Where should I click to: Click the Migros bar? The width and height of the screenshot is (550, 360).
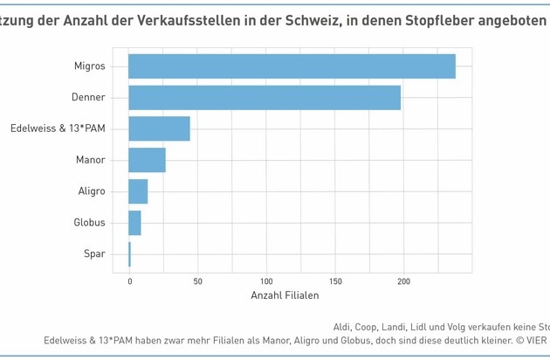(292, 66)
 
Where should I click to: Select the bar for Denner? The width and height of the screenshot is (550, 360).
(265, 98)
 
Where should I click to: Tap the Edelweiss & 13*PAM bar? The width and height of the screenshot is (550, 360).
(159, 128)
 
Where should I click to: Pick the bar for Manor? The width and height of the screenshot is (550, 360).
(147, 160)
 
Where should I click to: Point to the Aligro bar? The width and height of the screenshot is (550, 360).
(138, 191)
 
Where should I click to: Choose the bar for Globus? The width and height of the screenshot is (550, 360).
(134, 223)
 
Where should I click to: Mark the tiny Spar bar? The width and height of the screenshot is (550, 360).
(129, 254)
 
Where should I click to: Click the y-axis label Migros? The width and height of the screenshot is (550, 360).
(90, 66)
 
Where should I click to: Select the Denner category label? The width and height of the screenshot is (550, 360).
(89, 98)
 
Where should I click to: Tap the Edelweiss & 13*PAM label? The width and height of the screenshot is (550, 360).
(58, 128)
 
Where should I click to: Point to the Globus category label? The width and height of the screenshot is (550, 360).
(89, 223)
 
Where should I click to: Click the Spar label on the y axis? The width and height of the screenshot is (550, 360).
(95, 254)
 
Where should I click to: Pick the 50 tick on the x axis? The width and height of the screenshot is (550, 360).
(197, 281)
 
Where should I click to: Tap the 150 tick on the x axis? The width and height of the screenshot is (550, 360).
(334, 281)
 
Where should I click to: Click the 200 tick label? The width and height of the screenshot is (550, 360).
(403, 281)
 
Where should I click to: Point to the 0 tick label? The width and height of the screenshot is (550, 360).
(129, 281)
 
